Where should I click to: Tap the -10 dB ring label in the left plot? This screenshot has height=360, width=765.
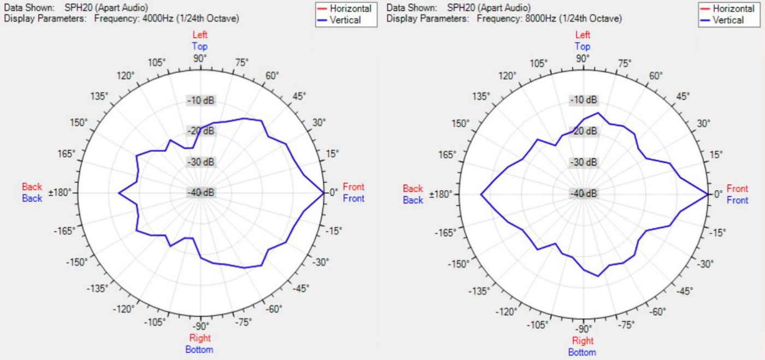201,101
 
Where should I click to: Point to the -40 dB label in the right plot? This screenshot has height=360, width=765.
584,194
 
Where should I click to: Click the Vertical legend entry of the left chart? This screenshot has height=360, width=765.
345,20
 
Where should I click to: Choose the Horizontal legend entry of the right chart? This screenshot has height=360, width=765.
733,9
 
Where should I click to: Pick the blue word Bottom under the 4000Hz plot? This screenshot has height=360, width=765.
199,350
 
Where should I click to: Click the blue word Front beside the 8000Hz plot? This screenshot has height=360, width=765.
737,200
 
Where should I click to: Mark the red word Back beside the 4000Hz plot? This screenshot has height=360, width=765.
32,187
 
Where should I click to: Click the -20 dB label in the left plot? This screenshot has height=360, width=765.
201,131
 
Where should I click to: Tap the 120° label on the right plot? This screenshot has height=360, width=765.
509,75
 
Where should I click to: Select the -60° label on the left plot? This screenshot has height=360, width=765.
274,310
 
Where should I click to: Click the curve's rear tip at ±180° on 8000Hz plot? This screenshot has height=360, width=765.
481,194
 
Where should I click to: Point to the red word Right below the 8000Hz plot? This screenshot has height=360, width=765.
583,341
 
